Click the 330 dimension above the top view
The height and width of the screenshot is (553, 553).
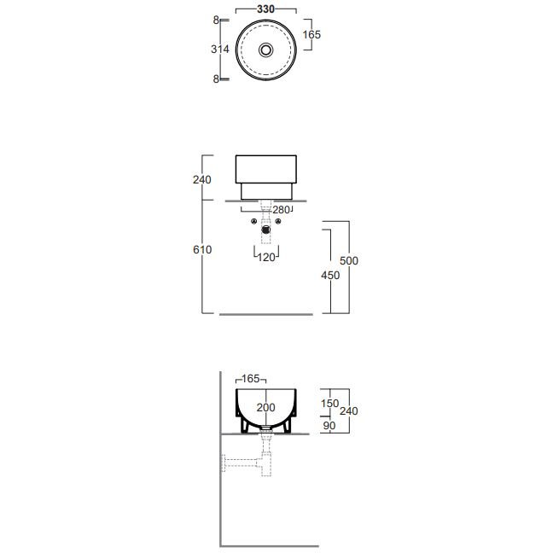[x=265, y=9]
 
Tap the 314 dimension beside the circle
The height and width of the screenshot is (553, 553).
[x=220, y=49]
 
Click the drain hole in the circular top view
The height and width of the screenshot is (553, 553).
[x=266, y=49]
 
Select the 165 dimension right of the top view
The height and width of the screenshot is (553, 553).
[x=311, y=34]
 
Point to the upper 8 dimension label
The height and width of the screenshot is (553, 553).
[x=216, y=20]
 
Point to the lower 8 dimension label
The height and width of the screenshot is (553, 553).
[x=216, y=79]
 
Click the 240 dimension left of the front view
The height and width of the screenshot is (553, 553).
[x=202, y=180]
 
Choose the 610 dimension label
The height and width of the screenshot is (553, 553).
[x=202, y=250]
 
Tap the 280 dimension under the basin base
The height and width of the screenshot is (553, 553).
[x=281, y=210]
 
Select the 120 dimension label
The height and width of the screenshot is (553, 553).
[x=266, y=258]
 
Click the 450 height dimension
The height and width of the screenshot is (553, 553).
[x=330, y=275]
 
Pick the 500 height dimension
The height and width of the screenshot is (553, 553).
[x=349, y=260]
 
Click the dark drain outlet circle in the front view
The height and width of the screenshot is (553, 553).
[x=266, y=230]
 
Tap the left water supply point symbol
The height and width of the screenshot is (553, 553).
[x=253, y=222]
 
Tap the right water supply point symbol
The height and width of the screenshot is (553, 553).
[x=278, y=222]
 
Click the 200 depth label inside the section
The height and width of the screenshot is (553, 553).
[x=266, y=408]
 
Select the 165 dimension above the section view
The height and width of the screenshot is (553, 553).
[x=251, y=379]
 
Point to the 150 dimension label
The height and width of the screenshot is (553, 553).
[x=329, y=404]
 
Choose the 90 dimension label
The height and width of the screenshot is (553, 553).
[x=329, y=426]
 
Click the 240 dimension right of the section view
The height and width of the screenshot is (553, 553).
[x=349, y=410]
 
